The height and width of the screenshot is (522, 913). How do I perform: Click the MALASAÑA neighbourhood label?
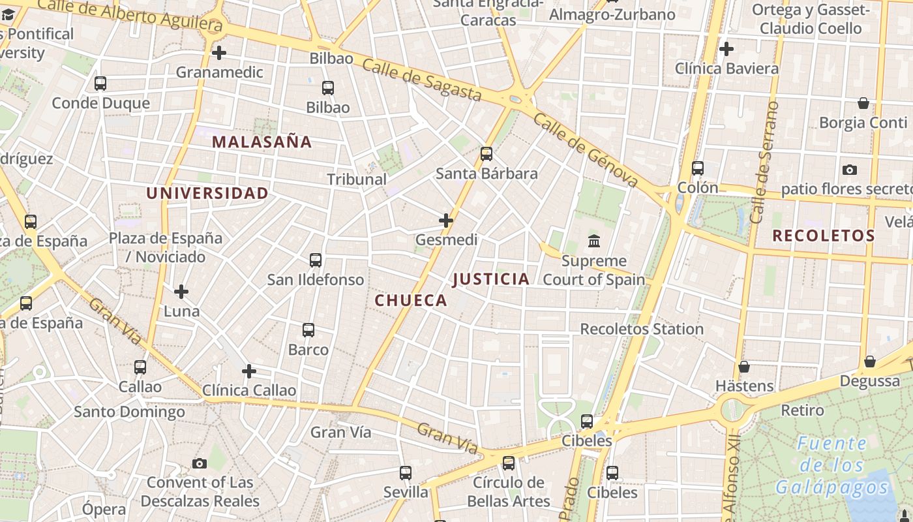[262, 142]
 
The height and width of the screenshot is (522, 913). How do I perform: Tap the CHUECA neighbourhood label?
[411, 300]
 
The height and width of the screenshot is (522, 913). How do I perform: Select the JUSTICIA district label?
[491, 279]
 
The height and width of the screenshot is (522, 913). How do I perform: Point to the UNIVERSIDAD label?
[207, 193]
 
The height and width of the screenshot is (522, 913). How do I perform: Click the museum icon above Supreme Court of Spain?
[594, 241]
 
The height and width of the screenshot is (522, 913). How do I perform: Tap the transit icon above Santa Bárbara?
[486, 154]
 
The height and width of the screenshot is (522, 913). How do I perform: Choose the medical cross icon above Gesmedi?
[446, 221]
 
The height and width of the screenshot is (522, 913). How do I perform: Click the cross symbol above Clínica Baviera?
[726, 49]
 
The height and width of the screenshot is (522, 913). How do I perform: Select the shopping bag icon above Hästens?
[744, 367]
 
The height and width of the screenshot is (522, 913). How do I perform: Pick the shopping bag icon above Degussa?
[870, 361]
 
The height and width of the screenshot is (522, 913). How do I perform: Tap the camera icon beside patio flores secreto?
[850, 170]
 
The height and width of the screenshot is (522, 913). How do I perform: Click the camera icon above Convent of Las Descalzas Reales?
[200, 464]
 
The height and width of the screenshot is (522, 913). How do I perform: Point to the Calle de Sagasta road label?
[422, 80]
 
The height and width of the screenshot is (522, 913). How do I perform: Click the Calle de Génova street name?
[585, 149]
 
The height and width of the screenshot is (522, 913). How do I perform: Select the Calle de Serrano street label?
[764, 162]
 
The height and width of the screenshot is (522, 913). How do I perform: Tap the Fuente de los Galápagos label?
[832, 466]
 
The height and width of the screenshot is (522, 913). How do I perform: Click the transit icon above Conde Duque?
[100, 84]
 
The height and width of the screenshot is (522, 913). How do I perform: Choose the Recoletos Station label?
[642, 329]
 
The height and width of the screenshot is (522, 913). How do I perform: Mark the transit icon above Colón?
[698, 168]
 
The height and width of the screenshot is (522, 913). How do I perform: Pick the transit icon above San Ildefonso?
[316, 260]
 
